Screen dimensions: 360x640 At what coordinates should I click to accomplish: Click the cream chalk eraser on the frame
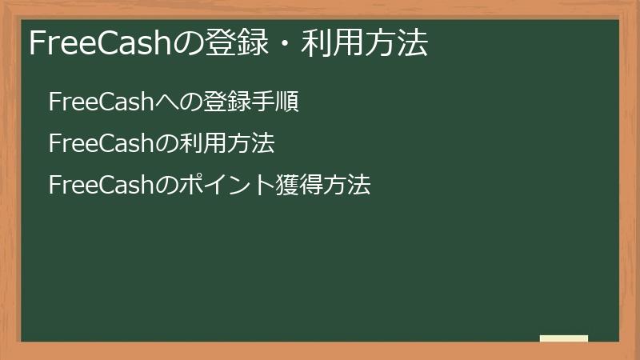564,338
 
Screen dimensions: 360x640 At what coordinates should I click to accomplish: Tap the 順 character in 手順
287,102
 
